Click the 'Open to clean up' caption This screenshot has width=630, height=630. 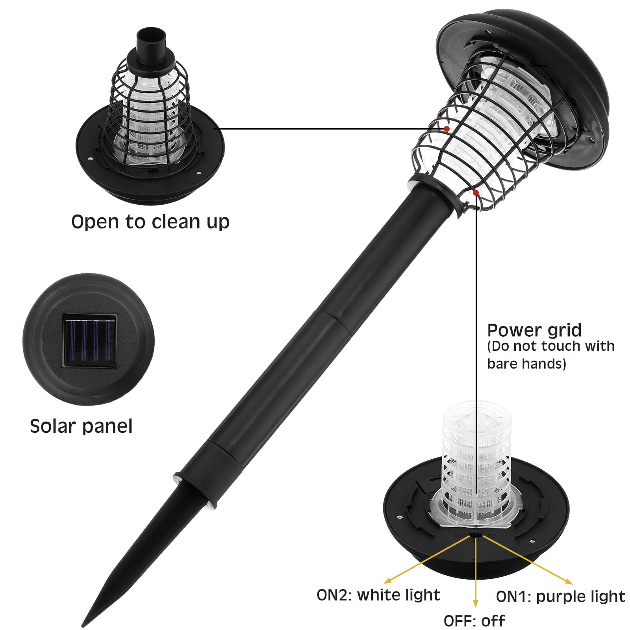(150, 222)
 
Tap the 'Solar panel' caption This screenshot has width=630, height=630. (81, 426)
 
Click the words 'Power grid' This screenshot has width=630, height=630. (534, 330)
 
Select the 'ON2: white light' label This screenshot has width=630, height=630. (378, 595)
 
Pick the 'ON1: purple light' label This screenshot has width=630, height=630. (560, 597)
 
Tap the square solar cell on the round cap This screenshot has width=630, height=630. (90, 341)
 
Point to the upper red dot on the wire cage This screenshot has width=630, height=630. (447, 129)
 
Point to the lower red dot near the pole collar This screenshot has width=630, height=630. (476, 193)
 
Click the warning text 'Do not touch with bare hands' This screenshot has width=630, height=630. (550, 355)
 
